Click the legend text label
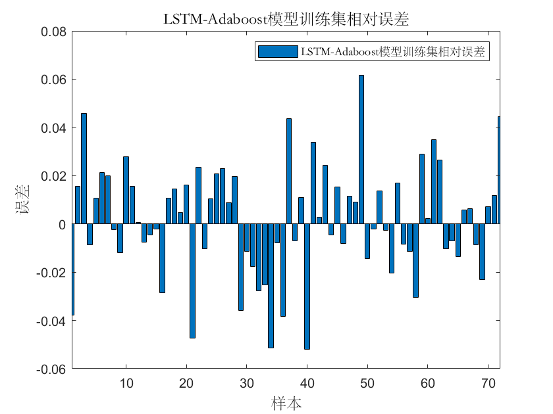(393, 53)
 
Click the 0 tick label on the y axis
(61, 224)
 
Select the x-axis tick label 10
(126, 383)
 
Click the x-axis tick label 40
(307, 383)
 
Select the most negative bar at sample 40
(307, 287)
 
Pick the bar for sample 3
(84, 169)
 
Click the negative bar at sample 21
(192, 281)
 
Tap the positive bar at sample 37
(289, 172)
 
